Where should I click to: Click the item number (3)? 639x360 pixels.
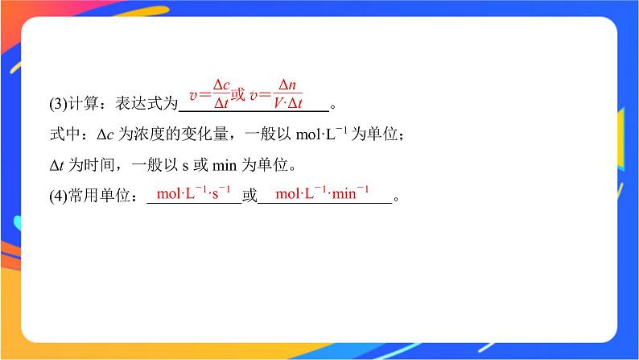tap(59, 103)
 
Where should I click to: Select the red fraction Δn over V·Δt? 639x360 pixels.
tap(287, 94)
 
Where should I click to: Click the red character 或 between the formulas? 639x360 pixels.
tap(238, 95)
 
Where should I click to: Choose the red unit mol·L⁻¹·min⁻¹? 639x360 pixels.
tap(322, 194)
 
